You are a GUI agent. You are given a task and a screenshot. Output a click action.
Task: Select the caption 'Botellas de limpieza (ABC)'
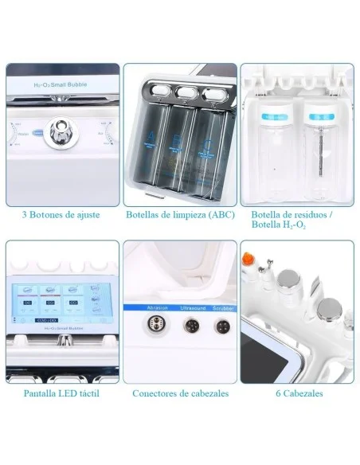pos(180,215)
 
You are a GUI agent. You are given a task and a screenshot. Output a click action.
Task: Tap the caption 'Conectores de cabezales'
pos(180,393)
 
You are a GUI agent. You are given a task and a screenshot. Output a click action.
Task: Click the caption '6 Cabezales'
pos(298,393)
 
